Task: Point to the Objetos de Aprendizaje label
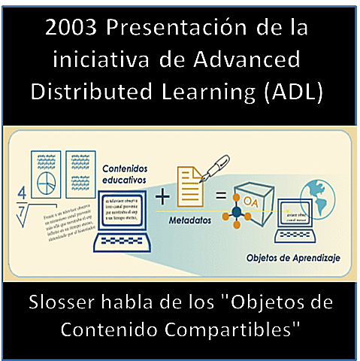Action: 293,258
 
